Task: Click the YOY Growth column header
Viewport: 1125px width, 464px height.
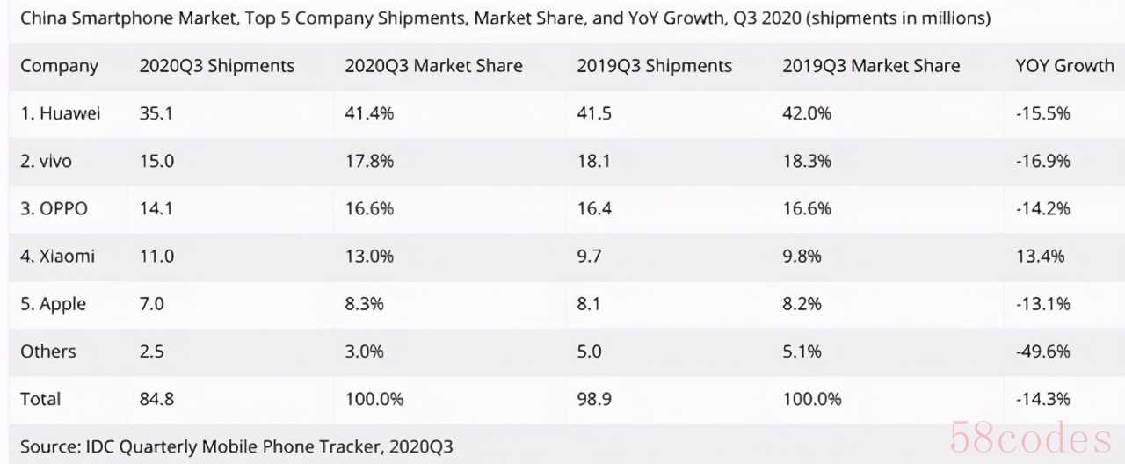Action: pyautogui.click(x=1064, y=66)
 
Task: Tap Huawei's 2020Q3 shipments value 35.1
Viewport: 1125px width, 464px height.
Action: pyautogui.click(x=156, y=113)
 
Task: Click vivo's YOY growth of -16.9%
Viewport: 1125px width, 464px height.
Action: pyautogui.click(x=1042, y=161)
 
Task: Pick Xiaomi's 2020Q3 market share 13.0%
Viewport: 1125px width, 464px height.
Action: pyautogui.click(x=369, y=256)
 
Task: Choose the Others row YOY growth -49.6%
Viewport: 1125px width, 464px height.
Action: pyautogui.click(x=1042, y=351)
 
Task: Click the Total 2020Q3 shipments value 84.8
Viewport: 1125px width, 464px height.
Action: pyautogui.click(x=156, y=398)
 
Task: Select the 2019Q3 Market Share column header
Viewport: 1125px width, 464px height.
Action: pyautogui.click(x=870, y=66)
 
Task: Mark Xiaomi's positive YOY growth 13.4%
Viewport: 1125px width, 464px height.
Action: pyautogui.click(x=1039, y=256)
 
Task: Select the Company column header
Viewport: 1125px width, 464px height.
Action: pyautogui.click(x=59, y=66)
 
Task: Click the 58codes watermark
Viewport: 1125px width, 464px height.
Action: pyautogui.click(x=1030, y=437)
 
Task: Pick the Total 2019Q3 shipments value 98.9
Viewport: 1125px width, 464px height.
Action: pyautogui.click(x=595, y=398)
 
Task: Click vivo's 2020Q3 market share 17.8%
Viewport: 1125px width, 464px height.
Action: pyautogui.click(x=369, y=161)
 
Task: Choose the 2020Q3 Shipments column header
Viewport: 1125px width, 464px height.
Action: pyautogui.click(x=216, y=66)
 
